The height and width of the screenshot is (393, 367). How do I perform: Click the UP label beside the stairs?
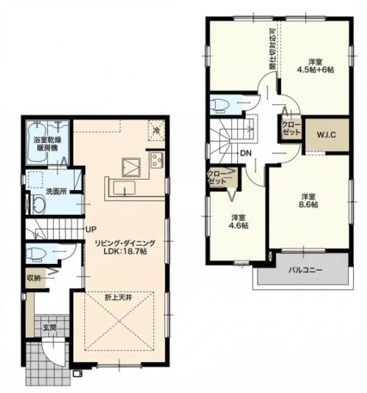pos(90,229)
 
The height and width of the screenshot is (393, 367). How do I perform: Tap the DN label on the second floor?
pos(246,153)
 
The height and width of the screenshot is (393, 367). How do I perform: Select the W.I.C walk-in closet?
pos(327,135)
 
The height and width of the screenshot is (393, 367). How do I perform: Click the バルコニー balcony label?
pos(305,270)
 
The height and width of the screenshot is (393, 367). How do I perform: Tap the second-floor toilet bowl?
pos(219,104)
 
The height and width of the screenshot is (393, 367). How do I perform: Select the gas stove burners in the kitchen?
pos(157,160)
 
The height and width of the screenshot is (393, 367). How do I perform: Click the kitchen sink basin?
pos(124,188)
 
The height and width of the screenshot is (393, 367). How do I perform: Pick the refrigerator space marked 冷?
pos(156,131)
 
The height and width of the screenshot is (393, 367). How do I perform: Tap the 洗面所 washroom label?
pos(57,191)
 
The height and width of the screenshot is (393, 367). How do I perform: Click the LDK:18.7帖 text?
pos(126,251)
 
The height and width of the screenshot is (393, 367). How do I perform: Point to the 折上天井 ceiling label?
pos(118,298)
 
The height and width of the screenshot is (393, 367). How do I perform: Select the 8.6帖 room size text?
pos(308,205)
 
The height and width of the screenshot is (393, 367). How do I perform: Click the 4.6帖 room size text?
pos(239,226)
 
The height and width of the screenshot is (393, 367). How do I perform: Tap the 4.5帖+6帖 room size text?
pos(316,70)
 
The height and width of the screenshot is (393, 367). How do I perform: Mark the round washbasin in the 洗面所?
pos(38,205)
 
